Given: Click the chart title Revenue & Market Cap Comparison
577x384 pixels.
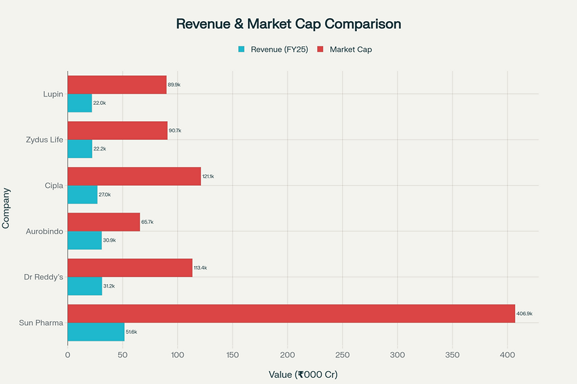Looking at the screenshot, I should tap(288, 24).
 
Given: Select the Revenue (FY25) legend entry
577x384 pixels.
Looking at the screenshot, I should tap(273, 49).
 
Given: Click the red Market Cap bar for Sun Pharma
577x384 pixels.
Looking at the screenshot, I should tap(291, 313).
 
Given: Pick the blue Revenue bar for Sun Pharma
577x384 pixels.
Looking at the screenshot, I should tap(96, 332).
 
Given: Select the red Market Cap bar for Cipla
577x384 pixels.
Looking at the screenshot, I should tap(134, 176).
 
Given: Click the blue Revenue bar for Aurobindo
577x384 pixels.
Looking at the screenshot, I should tap(85, 241).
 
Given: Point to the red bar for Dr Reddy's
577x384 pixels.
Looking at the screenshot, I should tap(130, 268).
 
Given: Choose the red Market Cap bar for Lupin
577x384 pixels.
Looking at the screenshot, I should tap(117, 85).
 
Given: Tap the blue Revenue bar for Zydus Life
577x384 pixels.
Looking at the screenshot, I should tap(80, 149).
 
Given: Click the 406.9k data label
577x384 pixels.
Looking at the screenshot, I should tap(525, 313).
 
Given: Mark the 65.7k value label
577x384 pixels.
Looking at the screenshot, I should tap(148, 222).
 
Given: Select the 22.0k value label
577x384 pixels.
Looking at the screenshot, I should tap(100, 103).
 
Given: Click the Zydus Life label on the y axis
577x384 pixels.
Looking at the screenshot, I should tap(45, 140).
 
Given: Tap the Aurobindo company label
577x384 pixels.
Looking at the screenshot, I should tap(45, 231).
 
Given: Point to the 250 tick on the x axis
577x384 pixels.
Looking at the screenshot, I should tap(342, 355).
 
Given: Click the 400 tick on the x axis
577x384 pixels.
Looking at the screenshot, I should tap(507, 355).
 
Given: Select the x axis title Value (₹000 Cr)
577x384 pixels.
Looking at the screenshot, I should tap(303, 374).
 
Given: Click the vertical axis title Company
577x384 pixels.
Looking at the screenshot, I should tap(6, 208).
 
